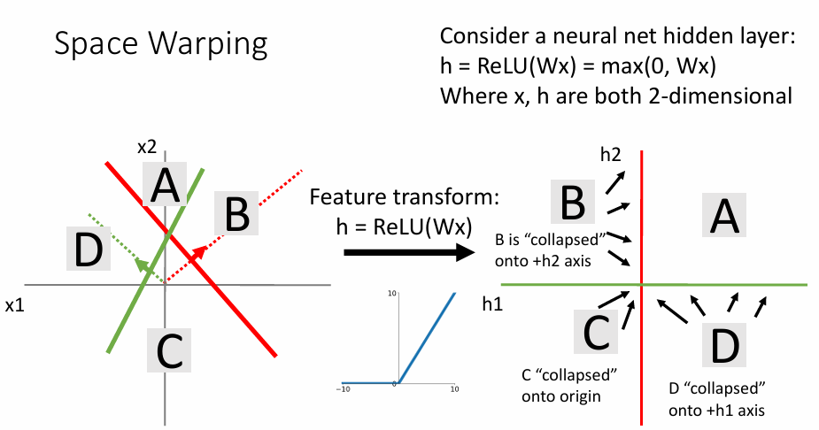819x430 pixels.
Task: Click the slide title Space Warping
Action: coord(161,44)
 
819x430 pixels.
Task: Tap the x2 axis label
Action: coord(147,147)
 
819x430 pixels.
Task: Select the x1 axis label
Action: coord(15,305)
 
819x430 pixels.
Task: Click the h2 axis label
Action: coord(611,155)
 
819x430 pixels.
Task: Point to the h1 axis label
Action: coord(492,303)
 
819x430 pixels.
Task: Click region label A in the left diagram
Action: coord(165,184)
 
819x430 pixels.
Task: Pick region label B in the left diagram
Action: coord(236,213)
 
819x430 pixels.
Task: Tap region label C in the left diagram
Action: coord(169,350)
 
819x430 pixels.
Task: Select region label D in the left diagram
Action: coord(89,249)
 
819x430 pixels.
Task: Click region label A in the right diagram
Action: coord(724,215)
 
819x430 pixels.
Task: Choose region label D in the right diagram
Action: coord(724,345)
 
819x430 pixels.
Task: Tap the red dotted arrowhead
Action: coord(198,254)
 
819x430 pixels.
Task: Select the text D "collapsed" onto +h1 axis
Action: coord(717,399)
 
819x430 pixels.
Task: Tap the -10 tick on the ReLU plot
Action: coord(343,389)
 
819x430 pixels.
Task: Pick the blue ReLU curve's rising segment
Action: coord(427,338)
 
